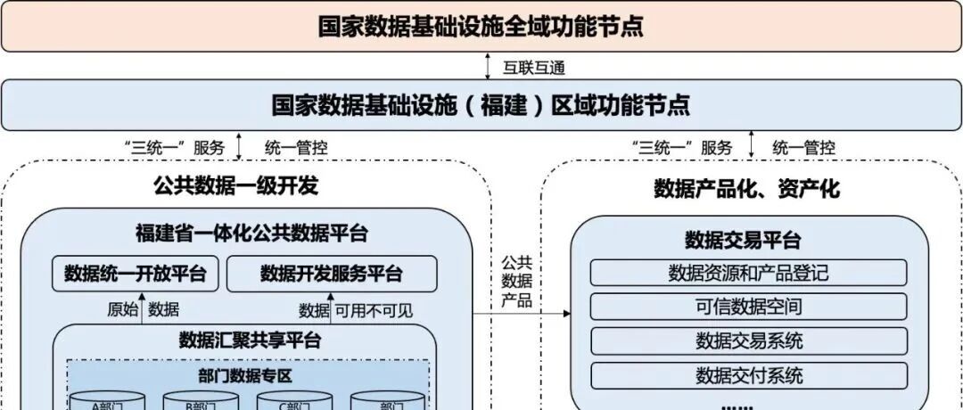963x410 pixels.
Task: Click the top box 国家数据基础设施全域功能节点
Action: coord(481,26)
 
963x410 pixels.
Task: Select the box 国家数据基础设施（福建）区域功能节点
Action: coord(481,104)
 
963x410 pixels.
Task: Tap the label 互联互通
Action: coord(534,67)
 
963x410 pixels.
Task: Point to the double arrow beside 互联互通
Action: coord(488,66)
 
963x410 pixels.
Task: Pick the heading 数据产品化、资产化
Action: coord(746,188)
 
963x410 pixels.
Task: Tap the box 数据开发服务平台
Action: coord(332,274)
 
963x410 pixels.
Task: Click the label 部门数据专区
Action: coord(245,375)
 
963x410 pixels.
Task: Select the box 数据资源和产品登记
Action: coord(748,273)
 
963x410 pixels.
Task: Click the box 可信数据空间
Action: coord(748,307)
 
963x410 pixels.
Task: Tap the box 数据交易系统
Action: coord(748,340)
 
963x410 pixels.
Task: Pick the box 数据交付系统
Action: coord(748,374)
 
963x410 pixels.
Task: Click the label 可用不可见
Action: coord(374,310)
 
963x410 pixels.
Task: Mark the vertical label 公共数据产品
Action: coord(516,281)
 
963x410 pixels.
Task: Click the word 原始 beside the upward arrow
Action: coord(123,309)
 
